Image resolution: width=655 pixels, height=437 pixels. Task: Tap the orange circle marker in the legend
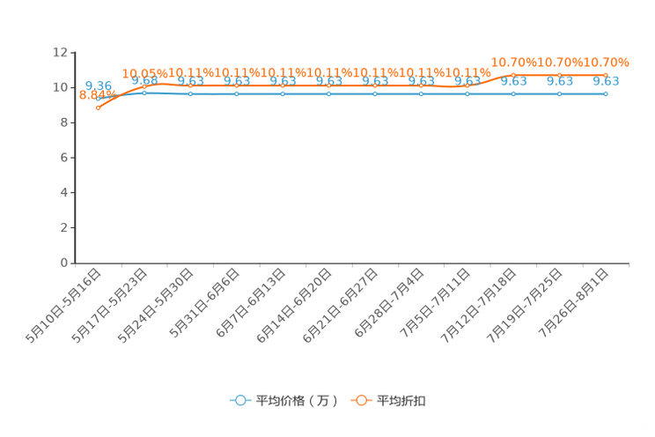pyautogui.click(x=361, y=400)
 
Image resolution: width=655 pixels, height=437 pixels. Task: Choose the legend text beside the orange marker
pyautogui.click(x=402, y=401)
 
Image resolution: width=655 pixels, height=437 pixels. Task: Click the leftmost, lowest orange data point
pyautogui.click(x=98, y=107)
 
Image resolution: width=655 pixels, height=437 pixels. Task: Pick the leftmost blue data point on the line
pyautogui.click(x=98, y=97)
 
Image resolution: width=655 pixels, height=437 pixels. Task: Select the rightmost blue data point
pyautogui.click(x=606, y=93)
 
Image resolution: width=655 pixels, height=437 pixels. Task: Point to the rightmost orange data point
pyautogui.click(x=606, y=75)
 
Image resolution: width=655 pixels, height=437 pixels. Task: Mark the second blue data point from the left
pyautogui.click(x=144, y=92)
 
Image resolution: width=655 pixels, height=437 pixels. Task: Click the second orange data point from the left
pyautogui.click(x=144, y=85)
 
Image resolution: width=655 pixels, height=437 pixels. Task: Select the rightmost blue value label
pyautogui.click(x=606, y=82)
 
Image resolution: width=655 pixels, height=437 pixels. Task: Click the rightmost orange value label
pyautogui.click(x=607, y=62)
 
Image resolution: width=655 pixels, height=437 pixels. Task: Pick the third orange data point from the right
pyautogui.click(x=513, y=75)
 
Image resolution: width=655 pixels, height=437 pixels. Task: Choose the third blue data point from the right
pyautogui.click(x=513, y=93)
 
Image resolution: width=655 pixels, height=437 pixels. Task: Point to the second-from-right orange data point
pyautogui.click(x=559, y=75)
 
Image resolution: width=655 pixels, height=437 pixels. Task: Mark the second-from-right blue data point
pyautogui.click(x=559, y=93)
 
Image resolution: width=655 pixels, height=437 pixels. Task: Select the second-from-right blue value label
pyautogui.click(x=560, y=82)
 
